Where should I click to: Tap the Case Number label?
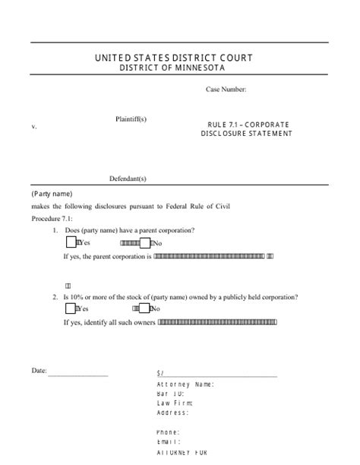coord(226,90)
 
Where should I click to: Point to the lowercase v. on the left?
coord(34,127)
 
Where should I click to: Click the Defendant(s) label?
coord(128,179)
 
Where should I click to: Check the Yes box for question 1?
coord(71,243)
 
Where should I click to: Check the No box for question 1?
coord(150,243)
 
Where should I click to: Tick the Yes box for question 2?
coord(71,308)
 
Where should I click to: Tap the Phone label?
coord(168,432)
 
